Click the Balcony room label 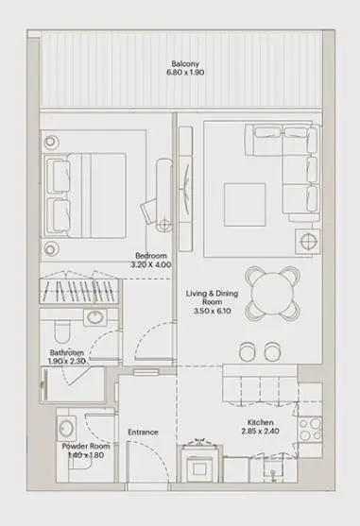tap(185, 63)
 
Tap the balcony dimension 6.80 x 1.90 tap(185, 73)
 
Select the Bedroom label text tap(150, 256)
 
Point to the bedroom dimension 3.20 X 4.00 tap(150, 264)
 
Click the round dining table tap(272, 293)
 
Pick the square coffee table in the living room tap(245, 205)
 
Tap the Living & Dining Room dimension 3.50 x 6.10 tap(212, 311)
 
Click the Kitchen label tap(261, 422)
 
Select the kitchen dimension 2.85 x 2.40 tap(261, 431)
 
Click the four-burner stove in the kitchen tap(310, 430)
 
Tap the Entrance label tap(143, 433)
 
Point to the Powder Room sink tap(66, 429)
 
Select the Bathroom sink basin tap(95, 317)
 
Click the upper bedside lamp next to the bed tap(50, 142)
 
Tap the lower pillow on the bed tap(59, 214)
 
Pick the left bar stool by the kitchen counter tap(248, 351)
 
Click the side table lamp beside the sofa tap(308, 241)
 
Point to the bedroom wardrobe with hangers tap(79, 291)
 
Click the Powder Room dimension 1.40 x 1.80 tap(86, 455)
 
